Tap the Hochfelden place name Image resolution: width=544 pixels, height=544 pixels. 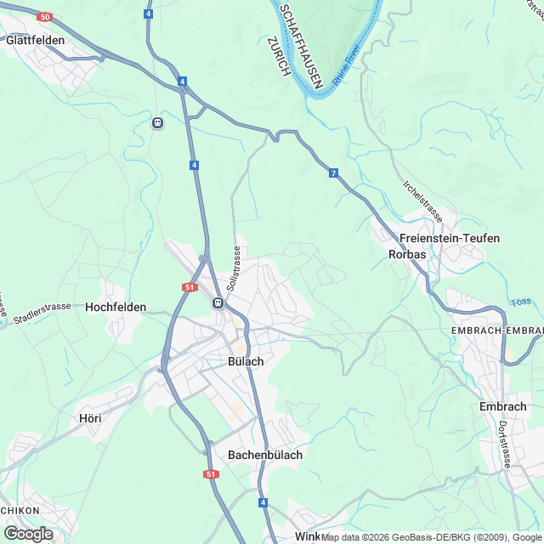(116, 307)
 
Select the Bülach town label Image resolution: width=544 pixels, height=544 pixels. (246, 361)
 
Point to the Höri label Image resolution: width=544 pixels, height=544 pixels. (89, 418)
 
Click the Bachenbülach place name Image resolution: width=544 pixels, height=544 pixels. (265, 455)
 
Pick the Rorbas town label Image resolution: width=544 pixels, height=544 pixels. (407, 254)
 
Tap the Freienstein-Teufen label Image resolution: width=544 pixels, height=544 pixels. (450, 238)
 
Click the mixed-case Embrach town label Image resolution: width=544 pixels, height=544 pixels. (503, 406)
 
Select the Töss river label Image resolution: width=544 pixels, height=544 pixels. (521, 302)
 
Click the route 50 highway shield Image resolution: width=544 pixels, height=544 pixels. (45, 17)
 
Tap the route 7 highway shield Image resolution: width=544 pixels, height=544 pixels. (334, 173)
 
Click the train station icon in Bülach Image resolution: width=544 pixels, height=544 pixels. (218, 303)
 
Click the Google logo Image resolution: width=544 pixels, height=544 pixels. (28, 533)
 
